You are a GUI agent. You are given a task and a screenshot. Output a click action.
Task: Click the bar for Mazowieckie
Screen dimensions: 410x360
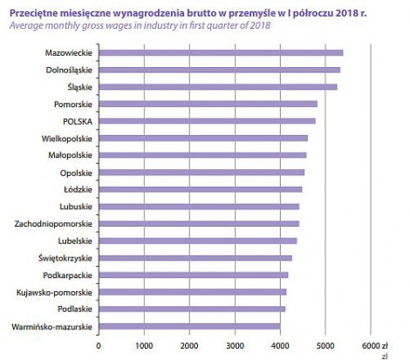(221, 53)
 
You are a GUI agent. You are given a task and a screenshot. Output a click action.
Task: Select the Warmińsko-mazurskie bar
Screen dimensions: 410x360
(189, 326)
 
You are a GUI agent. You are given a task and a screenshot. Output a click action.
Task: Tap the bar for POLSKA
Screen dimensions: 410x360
(208, 121)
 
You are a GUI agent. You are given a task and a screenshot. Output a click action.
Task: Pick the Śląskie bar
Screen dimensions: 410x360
(218, 87)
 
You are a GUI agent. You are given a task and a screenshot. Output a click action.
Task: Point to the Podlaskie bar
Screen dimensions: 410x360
(192, 309)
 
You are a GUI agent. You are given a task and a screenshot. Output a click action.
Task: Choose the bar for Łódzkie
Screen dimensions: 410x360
(201, 189)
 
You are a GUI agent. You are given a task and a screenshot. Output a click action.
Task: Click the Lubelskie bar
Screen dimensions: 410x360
(198, 241)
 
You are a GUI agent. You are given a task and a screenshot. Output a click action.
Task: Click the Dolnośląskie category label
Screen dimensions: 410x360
(69, 71)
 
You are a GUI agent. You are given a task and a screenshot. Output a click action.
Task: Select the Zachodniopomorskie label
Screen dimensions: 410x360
(53, 224)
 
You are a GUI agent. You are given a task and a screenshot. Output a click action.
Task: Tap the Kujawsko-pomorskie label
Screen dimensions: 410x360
(54, 292)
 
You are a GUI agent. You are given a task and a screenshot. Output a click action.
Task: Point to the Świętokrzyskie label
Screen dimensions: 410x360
(65, 258)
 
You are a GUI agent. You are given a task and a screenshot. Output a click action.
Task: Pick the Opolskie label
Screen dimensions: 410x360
(76, 173)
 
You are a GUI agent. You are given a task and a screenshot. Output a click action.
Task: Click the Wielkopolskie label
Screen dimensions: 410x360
(67, 139)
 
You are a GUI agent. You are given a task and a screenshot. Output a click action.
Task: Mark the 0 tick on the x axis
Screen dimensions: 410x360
(99, 346)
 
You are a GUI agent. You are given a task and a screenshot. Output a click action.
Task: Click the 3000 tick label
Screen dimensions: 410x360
(235, 346)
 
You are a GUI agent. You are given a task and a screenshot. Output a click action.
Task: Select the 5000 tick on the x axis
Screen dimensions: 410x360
(325, 346)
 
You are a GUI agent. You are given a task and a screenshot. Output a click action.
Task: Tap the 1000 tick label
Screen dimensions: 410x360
(144, 346)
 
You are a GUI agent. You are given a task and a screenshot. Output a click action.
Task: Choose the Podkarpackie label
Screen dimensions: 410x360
(67, 275)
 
